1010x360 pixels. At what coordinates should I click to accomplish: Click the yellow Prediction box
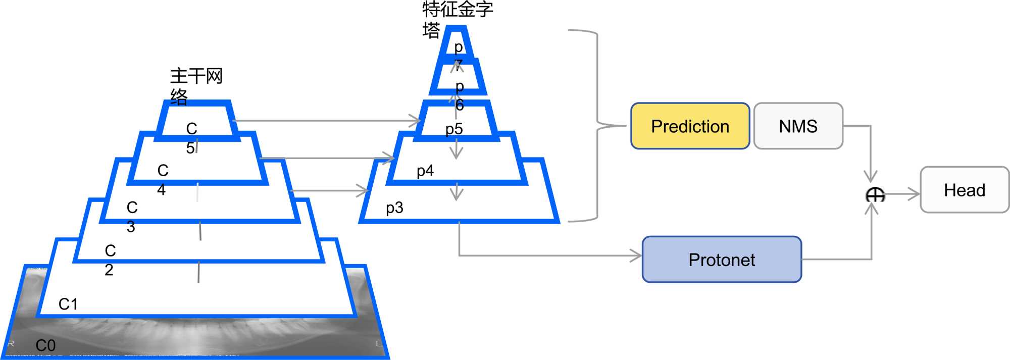coord(690,126)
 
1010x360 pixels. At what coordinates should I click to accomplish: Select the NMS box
coord(798,126)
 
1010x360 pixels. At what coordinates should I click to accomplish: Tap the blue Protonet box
coord(722,260)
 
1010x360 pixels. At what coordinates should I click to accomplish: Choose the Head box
coord(965,190)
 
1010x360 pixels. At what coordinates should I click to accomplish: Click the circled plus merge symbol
coord(875,194)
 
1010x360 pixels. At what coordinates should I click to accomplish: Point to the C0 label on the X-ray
coord(45,345)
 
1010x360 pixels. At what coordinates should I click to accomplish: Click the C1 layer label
coord(68,304)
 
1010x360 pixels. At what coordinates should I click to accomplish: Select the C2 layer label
coord(110,260)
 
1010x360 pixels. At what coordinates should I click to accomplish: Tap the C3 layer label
coord(132,217)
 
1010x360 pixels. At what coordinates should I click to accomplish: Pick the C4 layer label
coord(162,180)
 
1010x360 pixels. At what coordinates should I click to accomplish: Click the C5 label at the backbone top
coord(191,138)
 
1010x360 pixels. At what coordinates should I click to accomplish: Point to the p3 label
coord(394,208)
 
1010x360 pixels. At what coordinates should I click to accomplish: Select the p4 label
coord(425,171)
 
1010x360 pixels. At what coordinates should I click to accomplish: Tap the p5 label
coord(454,129)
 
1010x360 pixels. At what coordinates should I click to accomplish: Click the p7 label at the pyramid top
coord(458,56)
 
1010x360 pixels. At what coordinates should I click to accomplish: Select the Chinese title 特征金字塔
coord(457,19)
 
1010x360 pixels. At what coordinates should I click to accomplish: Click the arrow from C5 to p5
coord(326,121)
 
